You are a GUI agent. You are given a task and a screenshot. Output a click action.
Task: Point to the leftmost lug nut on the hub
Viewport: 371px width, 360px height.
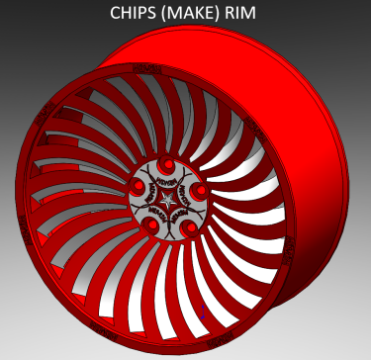[139, 185]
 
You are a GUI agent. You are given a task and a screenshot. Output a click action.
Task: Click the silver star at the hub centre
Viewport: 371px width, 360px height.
[169, 200]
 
